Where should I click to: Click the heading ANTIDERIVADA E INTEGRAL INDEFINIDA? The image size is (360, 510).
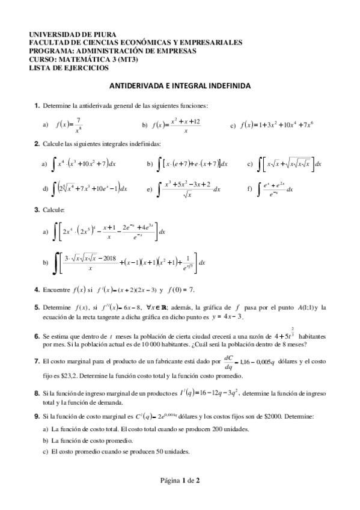[x=180, y=87]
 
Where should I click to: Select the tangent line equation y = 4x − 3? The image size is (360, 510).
[x=227, y=316]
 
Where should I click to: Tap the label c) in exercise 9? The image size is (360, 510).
[x=46, y=451]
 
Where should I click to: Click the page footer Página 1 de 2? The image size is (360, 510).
[x=180, y=480]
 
